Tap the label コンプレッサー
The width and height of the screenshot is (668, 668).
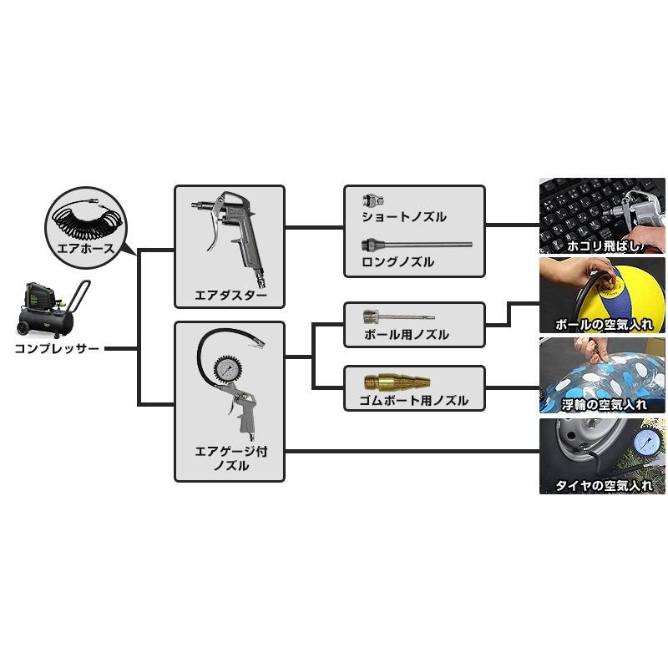pyautogui.click(x=57, y=348)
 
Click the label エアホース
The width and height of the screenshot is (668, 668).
pyautogui.click(x=84, y=249)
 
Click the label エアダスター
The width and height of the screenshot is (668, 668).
pyautogui.click(x=230, y=295)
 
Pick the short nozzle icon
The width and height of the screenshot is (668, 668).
pyautogui.click(x=372, y=200)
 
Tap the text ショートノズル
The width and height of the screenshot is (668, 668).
pyautogui.click(x=404, y=217)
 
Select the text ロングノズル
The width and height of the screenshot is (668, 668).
pyautogui.click(x=398, y=262)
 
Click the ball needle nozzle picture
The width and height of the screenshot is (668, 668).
pyautogui.click(x=397, y=317)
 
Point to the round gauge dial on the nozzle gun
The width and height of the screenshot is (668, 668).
pyautogui.click(x=229, y=369)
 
